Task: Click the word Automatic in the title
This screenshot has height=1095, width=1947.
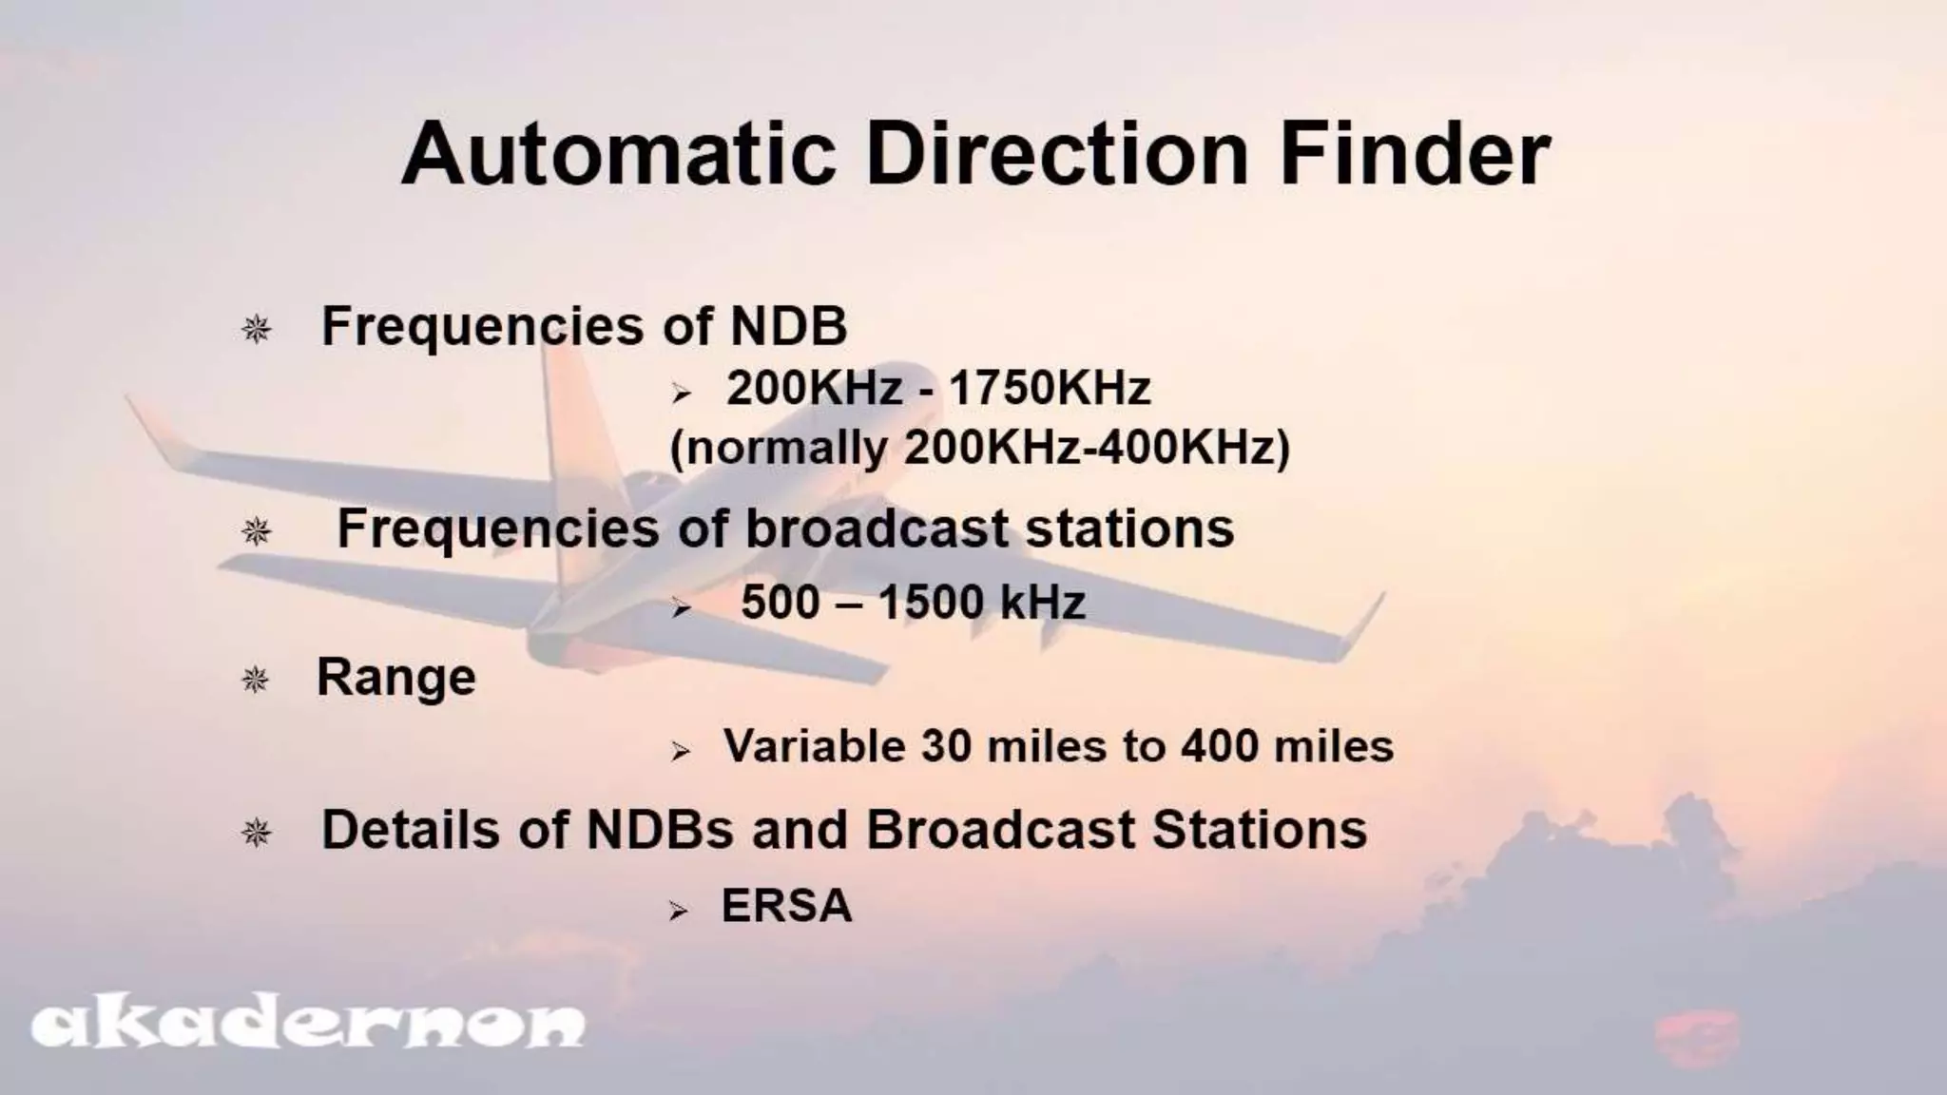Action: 618,154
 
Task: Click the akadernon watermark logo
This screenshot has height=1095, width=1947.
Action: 308,1025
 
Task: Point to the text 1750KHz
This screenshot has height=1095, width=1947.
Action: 1050,388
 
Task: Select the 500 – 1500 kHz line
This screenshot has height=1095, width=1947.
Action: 913,603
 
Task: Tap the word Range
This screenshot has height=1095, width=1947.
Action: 395,678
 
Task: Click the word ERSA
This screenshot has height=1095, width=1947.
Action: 786,905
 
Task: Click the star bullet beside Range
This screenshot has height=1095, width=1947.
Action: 255,680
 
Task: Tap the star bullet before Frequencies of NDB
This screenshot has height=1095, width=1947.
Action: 256,330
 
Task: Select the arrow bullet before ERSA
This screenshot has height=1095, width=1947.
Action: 678,912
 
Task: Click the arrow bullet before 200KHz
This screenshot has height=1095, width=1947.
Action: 681,394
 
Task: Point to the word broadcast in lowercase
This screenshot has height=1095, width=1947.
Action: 876,528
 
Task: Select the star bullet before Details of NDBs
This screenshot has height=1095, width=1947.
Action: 256,834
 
